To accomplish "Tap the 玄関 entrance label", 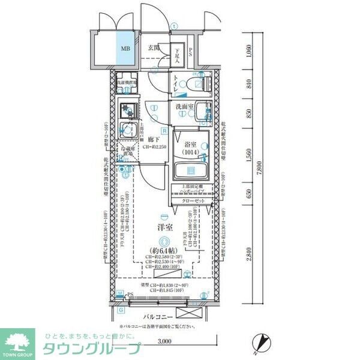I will pyautogui.click(x=154, y=48).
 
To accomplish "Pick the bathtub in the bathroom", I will pyautogui.click(x=191, y=170).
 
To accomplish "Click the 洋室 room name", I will pyautogui.click(x=165, y=228).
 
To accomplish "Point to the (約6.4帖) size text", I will pyautogui.click(x=164, y=252).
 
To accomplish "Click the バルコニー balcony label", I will pyautogui.click(x=158, y=316).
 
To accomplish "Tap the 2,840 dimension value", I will pyautogui.click(x=248, y=254).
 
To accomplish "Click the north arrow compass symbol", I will pyautogui.click(x=262, y=342).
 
